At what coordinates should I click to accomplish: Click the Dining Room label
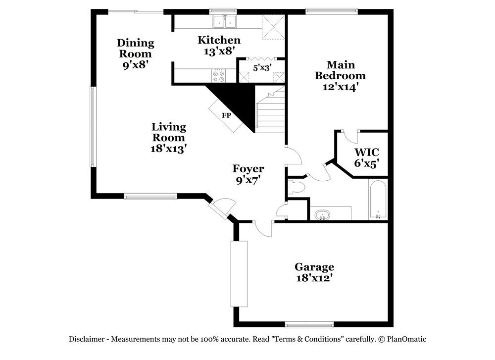point(135,48)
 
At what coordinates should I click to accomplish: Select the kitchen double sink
point(225,22)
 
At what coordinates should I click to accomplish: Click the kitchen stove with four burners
point(218,76)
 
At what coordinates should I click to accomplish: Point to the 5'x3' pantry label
point(262,67)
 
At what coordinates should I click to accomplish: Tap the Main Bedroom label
point(340,76)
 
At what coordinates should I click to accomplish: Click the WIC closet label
point(367,152)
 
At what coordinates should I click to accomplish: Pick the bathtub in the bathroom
point(378,200)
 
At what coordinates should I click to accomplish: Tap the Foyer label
point(248,169)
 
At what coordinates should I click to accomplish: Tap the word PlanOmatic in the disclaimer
point(407,339)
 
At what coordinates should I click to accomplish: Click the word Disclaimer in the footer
point(86,339)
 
